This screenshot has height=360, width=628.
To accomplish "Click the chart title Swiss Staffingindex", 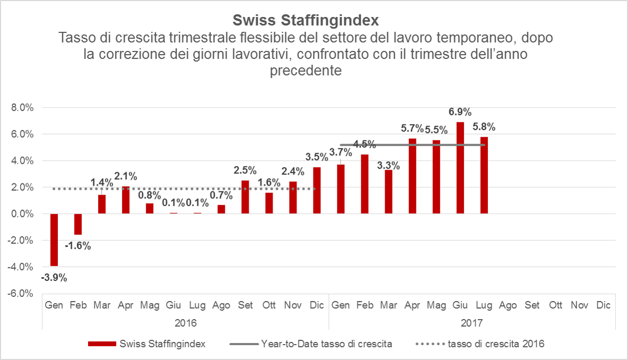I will (x=306, y=21).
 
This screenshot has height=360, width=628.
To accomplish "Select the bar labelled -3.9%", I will (x=54, y=240).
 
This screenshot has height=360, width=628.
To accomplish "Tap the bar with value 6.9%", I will (x=460, y=168).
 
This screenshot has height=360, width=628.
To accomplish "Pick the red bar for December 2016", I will (x=317, y=190).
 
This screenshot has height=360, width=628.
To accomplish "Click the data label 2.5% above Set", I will (x=245, y=171).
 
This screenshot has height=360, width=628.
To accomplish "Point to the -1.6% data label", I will (x=77, y=246).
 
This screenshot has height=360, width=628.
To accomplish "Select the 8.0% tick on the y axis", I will (x=22, y=108).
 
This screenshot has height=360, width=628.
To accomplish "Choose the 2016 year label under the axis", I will (x=185, y=322).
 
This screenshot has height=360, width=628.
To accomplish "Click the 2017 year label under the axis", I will (x=472, y=322).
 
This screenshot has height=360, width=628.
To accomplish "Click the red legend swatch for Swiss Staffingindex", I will (x=102, y=344).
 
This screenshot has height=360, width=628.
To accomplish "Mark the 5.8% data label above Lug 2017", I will (x=484, y=127).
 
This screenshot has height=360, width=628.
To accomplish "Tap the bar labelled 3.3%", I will (x=388, y=191).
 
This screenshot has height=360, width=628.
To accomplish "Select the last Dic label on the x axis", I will (x=603, y=305).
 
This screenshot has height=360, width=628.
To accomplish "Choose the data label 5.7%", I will (x=412, y=128).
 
